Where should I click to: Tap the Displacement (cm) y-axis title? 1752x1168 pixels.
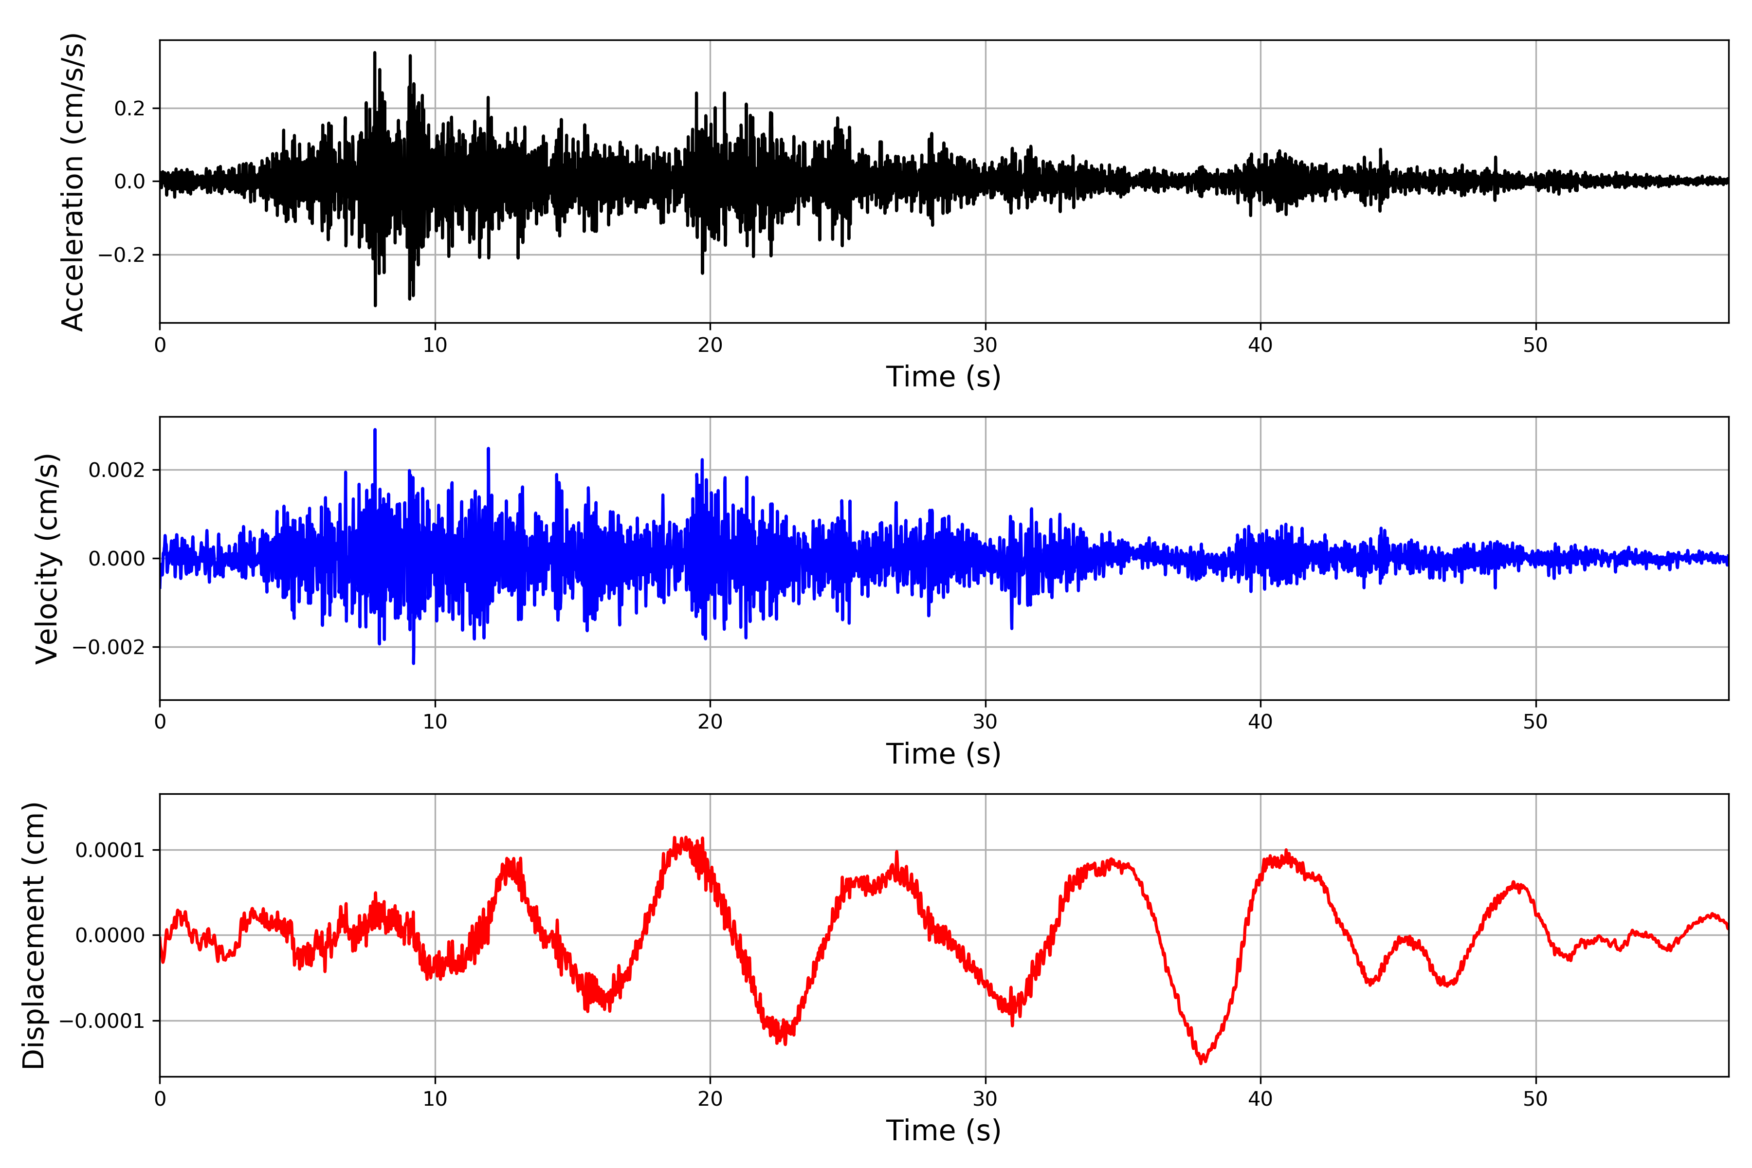point(34,935)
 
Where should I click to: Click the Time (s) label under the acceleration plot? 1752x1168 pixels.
point(943,377)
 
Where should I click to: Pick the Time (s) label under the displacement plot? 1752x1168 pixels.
point(943,1131)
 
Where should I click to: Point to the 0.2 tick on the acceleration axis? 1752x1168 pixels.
point(129,109)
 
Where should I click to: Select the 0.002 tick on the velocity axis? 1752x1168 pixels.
point(117,470)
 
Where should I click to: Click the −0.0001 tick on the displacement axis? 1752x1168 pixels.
point(103,1021)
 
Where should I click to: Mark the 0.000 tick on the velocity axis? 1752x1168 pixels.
point(117,559)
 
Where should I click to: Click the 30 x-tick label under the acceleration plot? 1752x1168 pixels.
point(985,346)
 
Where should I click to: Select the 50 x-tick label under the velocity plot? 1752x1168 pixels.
point(1535,722)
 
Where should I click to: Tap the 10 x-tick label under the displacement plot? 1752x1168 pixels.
point(435,1099)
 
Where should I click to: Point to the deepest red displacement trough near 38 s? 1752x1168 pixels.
point(1202,1062)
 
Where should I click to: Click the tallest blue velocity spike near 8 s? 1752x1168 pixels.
point(375,431)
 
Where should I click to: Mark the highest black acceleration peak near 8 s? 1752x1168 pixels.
point(375,53)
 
